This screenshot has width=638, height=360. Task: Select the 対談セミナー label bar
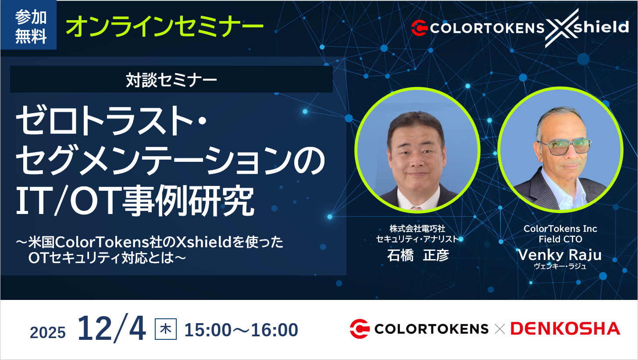(171, 80)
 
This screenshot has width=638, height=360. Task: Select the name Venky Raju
(560, 255)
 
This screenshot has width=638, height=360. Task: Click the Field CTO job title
(560, 239)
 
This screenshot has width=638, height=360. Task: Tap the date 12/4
(112, 330)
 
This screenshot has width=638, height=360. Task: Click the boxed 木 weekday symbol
(166, 329)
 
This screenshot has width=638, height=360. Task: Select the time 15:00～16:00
(241, 330)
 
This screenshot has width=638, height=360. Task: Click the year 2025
(48, 332)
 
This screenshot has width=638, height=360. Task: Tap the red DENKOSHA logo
(565, 328)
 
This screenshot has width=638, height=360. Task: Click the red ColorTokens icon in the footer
(360, 329)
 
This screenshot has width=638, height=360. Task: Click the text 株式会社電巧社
(417, 228)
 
